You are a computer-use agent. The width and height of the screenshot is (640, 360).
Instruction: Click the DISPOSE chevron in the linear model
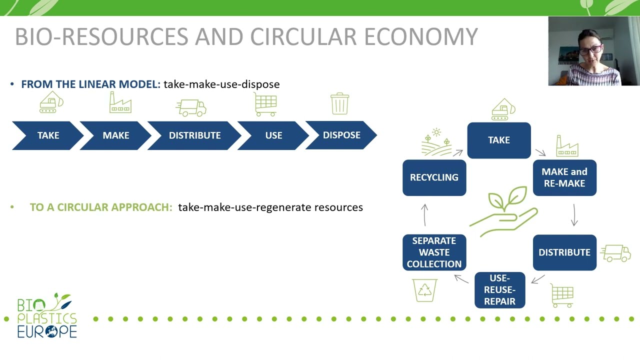pyautogui.click(x=341, y=135)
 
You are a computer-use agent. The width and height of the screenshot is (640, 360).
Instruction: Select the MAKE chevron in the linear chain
pyautogui.click(x=115, y=135)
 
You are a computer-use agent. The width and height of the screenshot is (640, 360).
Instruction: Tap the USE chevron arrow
pyautogui.click(x=273, y=135)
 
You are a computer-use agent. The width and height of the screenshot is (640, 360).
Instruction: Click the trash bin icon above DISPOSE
pyautogui.click(x=340, y=103)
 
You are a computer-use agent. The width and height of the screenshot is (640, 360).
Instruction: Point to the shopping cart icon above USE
pyautogui.click(x=265, y=104)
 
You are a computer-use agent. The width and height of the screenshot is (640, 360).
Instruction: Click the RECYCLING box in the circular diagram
pyautogui.click(x=434, y=177)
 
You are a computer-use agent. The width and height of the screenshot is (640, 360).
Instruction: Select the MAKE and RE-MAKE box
pyautogui.click(x=564, y=177)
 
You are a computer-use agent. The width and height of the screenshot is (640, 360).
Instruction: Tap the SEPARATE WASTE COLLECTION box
pyautogui.click(x=434, y=252)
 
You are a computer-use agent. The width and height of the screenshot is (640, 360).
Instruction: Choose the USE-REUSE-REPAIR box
pyautogui.click(x=499, y=290)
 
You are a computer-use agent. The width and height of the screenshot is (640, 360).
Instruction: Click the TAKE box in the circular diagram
pyautogui.click(x=499, y=140)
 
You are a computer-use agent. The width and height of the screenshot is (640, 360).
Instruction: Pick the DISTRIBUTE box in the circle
pyautogui.click(x=564, y=252)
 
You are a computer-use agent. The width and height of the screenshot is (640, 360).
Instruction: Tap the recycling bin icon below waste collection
pyautogui.click(x=425, y=290)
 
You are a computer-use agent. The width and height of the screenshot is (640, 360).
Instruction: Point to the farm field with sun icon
pyautogui.click(x=435, y=142)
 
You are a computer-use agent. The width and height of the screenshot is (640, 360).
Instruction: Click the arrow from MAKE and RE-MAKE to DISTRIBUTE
pyautogui.click(x=574, y=214)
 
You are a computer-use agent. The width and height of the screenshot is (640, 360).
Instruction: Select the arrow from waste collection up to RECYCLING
pyautogui.click(x=424, y=214)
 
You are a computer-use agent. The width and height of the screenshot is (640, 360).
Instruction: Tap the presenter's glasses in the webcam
pyautogui.click(x=590, y=50)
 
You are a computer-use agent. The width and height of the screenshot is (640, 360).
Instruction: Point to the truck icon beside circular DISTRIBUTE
pyautogui.click(x=615, y=253)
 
